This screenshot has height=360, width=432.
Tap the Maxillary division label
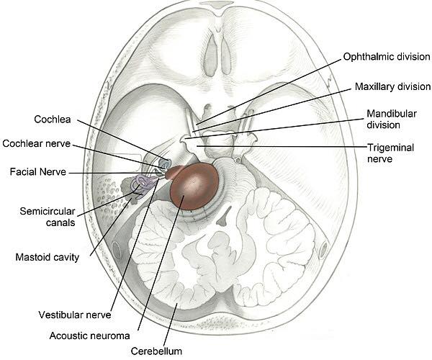click(391, 86)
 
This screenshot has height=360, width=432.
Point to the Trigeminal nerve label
click(394, 153)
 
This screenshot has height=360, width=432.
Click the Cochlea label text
click(52, 119)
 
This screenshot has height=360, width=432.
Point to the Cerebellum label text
click(158, 351)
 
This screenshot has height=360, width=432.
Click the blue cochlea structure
click(164, 166)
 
